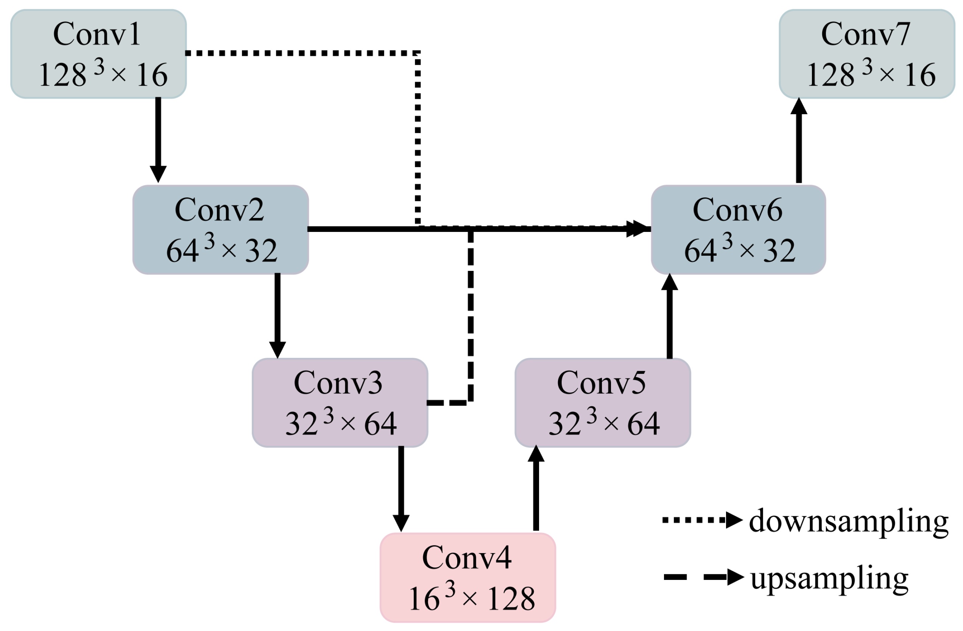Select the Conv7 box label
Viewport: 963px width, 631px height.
865,34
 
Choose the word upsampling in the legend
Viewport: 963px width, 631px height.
829,578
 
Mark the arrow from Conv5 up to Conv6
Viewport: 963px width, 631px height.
670,315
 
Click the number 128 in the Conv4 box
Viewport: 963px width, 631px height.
511,599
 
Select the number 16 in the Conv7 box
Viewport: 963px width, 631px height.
920,75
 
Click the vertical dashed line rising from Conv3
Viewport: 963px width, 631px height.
471,315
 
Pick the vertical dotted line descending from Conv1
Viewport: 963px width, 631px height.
418,138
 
